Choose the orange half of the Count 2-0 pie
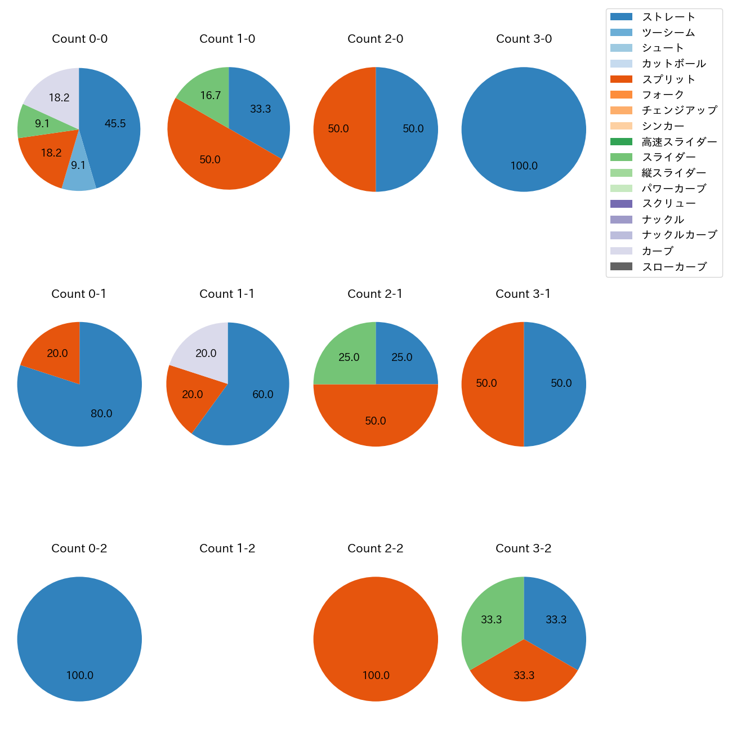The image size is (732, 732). [x=341, y=130]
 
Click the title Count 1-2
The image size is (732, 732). [x=227, y=548]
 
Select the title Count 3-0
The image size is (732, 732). [x=524, y=39]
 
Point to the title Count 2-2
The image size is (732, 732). [x=375, y=548]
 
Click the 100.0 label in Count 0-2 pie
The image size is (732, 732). [x=80, y=675]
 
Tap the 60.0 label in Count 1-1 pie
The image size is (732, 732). [x=263, y=394]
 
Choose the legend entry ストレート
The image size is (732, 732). [x=668, y=17]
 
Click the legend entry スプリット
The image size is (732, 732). [x=668, y=79]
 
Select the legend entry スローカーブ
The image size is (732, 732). [x=674, y=267]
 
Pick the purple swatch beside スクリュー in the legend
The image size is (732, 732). [x=621, y=204]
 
